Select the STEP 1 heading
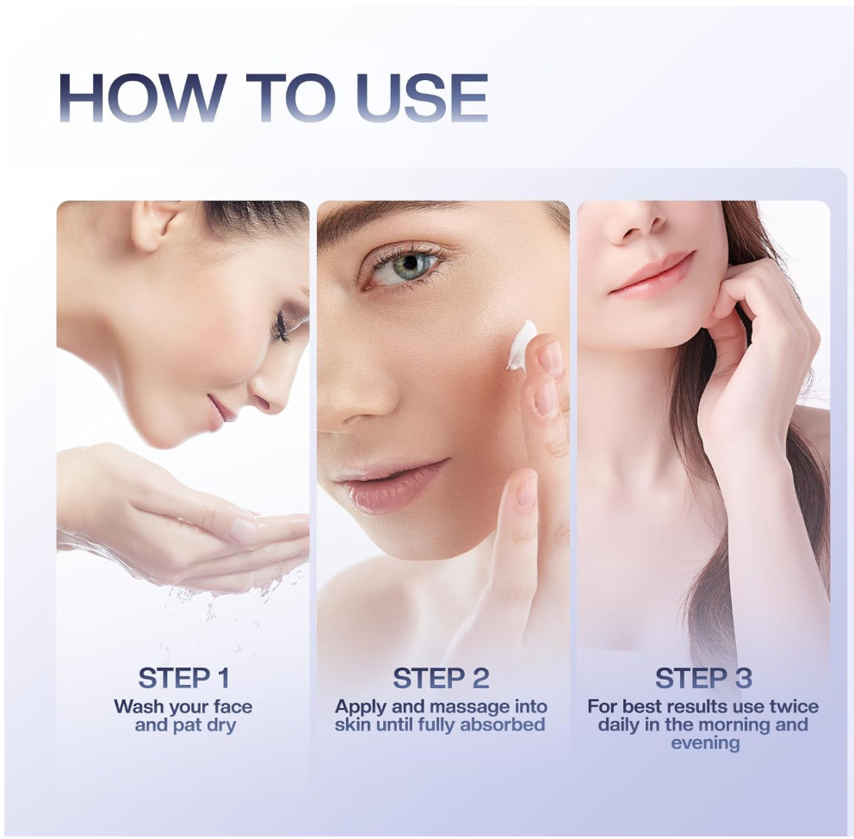184,678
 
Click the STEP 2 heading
441,678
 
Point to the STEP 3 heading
703,678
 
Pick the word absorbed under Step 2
502,724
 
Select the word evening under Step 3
705,743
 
